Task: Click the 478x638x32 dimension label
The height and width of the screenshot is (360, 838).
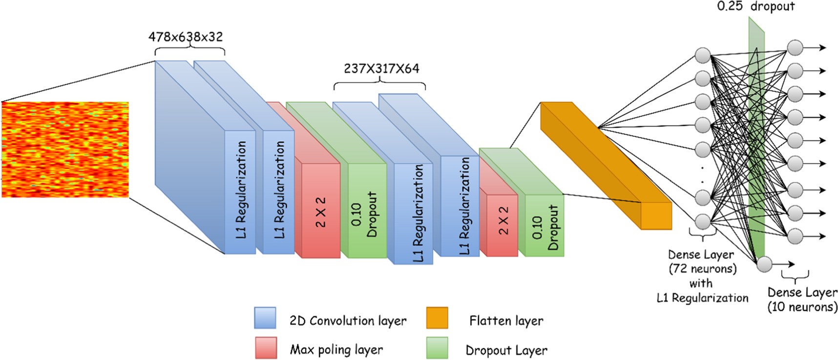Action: tap(186, 37)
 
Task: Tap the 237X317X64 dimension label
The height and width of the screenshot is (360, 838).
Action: tap(381, 68)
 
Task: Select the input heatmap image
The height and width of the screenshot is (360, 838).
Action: tap(65, 149)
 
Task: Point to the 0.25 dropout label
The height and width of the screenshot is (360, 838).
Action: tap(756, 6)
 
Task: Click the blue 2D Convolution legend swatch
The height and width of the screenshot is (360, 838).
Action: tap(265, 318)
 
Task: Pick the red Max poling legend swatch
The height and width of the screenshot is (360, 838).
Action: tap(266, 348)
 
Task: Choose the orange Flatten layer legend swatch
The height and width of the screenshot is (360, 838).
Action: tap(437, 318)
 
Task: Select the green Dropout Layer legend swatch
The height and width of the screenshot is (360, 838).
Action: tap(437, 348)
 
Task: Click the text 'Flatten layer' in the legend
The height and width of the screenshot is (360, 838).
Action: tap(506, 321)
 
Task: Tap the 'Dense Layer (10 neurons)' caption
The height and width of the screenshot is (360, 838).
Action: tap(802, 299)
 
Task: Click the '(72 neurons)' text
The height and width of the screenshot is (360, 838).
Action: tap(702, 269)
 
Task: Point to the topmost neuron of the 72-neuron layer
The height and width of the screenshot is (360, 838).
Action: tap(703, 56)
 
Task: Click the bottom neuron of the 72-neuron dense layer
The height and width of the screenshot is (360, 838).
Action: tap(703, 221)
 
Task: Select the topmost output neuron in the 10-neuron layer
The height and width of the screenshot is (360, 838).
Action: tap(795, 48)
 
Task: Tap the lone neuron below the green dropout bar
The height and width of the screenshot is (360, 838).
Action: tap(764, 264)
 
